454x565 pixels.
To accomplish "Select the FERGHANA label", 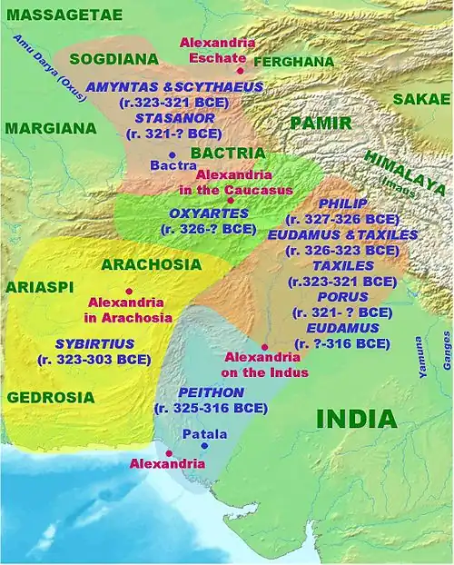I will coord(293,62).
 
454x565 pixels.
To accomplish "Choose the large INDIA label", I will coord(357,420).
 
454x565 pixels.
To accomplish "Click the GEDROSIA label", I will coord(51,397).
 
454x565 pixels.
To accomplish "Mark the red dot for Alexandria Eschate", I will coord(241,70).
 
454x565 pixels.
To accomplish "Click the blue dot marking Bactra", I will coord(172,155).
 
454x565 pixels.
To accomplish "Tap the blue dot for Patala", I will coord(204,446).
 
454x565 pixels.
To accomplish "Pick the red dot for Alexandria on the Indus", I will coord(264,347).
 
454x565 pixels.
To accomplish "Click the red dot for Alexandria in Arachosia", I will coord(129,292).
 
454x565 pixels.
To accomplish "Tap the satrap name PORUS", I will coord(336,296).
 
